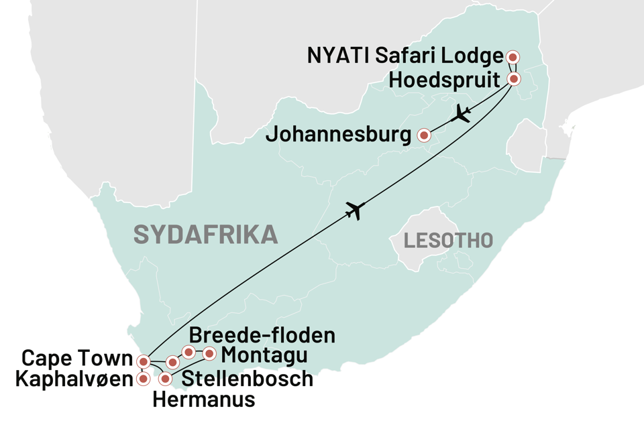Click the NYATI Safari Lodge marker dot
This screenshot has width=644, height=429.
coord(513,57)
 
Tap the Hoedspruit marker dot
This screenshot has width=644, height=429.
coord(513,79)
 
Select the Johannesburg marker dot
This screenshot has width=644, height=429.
coord(424,135)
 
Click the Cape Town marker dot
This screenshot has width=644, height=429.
coord(142,362)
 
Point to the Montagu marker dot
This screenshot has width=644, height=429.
coord(210,353)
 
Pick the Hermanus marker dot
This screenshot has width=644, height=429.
coord(165,379)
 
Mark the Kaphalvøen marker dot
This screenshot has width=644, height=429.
coord(142,379)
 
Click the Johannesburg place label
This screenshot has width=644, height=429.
coord(339,135)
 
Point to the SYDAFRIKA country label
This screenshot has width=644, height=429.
coord(205,235)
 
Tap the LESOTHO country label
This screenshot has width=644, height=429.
coord(448,239)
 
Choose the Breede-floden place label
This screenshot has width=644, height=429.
coord(262,334)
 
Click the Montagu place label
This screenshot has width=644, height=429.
coord(264,355)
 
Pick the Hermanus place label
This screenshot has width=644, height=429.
coord(204,400)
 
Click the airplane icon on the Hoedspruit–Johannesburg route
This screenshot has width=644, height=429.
coord(462,114)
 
